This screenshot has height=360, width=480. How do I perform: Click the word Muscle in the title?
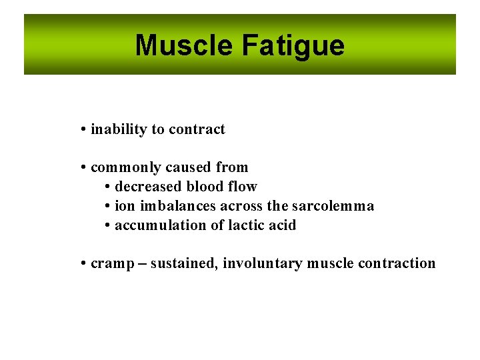[x=184, y=45]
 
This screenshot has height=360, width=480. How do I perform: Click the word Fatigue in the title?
[x=293, y=45]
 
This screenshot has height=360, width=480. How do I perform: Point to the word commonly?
[x=125, y=167]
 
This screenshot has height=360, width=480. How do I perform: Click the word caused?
[x=188, y=167]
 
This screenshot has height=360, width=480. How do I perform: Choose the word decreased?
[x=148, y=187]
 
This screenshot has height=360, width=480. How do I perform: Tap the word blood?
[x=206, y=187]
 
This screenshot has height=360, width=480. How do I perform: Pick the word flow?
[x=243, y=187]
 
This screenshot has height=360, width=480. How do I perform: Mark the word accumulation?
[x=161, y=225]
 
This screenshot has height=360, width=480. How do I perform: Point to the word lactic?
[x=247, y=225]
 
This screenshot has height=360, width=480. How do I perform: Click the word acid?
[x=282, y=225]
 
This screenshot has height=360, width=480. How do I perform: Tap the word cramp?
[x=108, y=263]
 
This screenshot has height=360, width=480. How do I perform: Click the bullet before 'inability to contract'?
[x=83, y=129]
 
